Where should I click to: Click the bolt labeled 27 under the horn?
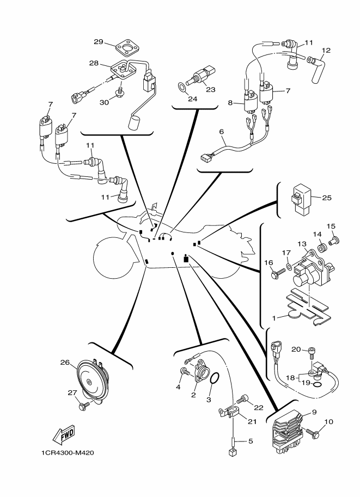click(84, 406)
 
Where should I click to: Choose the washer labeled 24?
click(180, 86)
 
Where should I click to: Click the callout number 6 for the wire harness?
click(222, 131)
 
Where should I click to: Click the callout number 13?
click(301, 243)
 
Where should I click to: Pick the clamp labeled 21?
click(229, 413)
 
